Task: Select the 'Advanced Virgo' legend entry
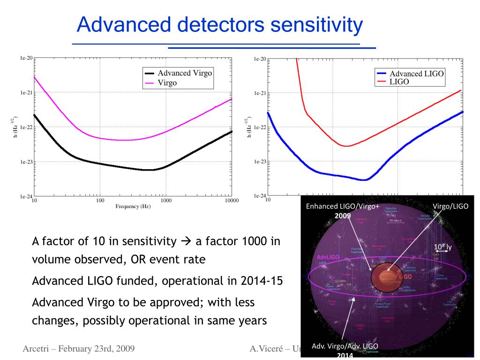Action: [x=185, y=73]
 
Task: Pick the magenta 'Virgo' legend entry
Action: [x=167, y=82]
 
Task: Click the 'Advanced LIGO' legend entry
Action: [x=417, y=74]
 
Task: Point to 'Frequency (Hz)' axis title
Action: [x=133, y=207]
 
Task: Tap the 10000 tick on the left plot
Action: [x=231, y=201]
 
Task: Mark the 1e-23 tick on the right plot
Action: [x=260, y=162]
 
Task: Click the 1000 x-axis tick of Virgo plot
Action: [x=166, y=201]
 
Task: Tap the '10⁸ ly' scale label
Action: [x=442, y=246]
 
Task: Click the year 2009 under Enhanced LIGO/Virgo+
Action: [x=343, y=215]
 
